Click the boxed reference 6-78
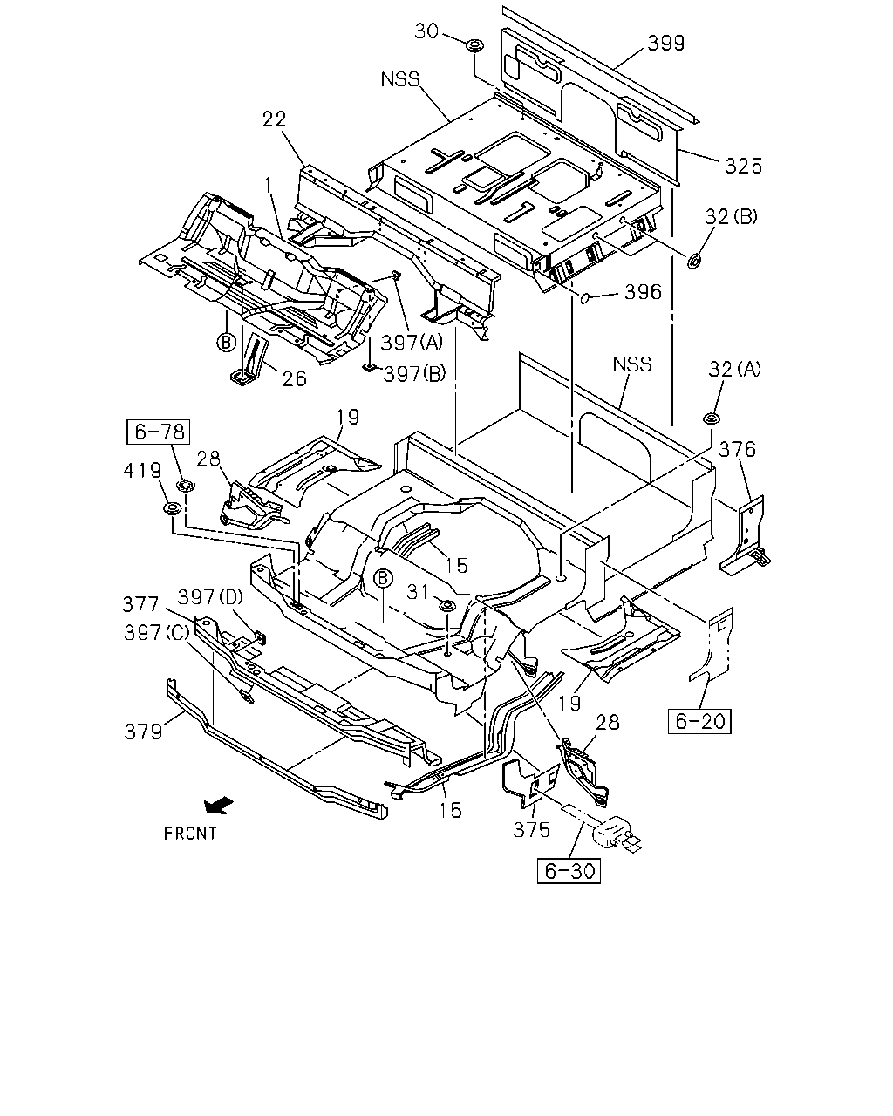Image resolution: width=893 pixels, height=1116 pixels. pyautogui.click(x=158, y=432)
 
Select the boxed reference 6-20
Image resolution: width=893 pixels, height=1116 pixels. pyautogui.click(x=699, y=721)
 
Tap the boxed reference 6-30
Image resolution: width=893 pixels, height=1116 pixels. pyautogui.click(x=569, y=871)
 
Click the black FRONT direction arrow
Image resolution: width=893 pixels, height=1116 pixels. pyautogui.click(x=218, y=806)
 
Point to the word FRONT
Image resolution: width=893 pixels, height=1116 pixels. pyautogui.click(x=190, y=834)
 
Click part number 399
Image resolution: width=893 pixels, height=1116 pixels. pyautogui.click(x=665, y=43)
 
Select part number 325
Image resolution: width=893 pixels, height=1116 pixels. pyautogui.click(x=743, y=166)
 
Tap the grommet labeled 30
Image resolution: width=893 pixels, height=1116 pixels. pyautogui.click(x=474, y=45)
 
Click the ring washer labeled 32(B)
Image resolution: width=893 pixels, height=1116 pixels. pyautogui.click(x=693, y=262)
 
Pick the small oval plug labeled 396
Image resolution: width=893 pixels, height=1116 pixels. pyautogui.click(x=585, y=298)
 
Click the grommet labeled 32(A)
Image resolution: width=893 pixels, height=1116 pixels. pyautogui.click(x=711, y=418)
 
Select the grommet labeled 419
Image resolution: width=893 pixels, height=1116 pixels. pyautogui.click(x=171, y=508)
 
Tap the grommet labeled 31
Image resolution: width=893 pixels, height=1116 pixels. pyautogui.click(x=446, y=605)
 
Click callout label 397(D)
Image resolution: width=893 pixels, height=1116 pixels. pyautogui.click(x=210, y=597)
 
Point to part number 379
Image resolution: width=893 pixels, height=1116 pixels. pyautogui.click(x=143, y=732)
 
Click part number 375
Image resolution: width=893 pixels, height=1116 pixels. pyautogui.click(x=531, y=830)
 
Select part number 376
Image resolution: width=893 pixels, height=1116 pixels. pyautogui.click(x=737, y=449)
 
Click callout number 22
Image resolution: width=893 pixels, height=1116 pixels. pyautogui.click(x=274, y=119)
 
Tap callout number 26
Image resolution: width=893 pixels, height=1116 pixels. pyautogui.click(x=294, y=378)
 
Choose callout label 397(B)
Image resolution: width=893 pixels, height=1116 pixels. pyautogui.click(x=414, y=373)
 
